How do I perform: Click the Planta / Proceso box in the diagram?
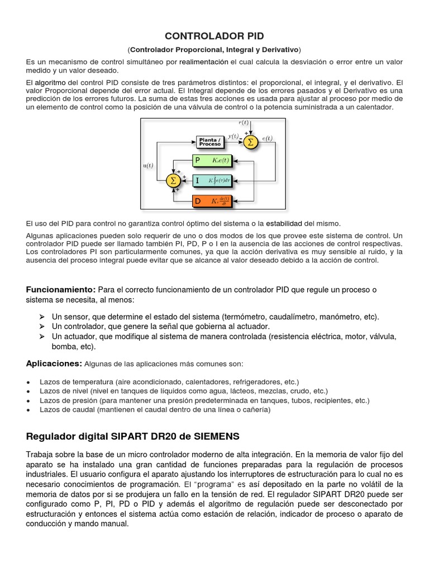click(x=210, y=142)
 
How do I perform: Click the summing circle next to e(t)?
click(x=250, y=142)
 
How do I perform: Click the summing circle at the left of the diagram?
click(x=173, y=180)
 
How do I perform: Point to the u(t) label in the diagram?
click(x=148, y=165)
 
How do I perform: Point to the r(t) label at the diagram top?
click(x=244, y=122)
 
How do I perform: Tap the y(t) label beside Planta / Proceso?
click(x=233, y=136)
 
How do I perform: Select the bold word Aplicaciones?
click(x=54, y=364)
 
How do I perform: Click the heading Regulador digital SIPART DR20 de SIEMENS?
click(x=134, y=436)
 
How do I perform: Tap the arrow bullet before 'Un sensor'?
click(x=42, y=317)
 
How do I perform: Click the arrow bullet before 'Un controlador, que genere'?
click(x=42, y=326)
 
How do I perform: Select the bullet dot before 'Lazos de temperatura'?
click(x=28, y=382)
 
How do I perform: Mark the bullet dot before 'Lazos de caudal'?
click(x=28, y=411)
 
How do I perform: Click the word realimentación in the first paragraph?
click(x=204, y=61)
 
